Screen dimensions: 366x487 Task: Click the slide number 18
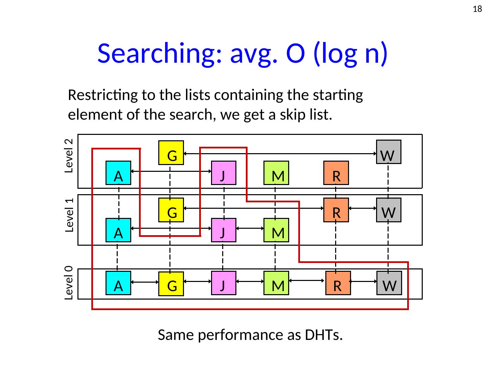(477, 9)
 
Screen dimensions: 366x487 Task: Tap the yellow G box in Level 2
(171, 153)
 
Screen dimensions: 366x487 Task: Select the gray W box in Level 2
(389, 152)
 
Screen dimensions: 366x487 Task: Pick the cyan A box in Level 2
(118, 173)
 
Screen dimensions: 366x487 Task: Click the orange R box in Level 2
(336, 173)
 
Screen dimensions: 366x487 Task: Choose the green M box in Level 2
(276, 173)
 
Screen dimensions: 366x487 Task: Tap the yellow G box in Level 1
(171, 210)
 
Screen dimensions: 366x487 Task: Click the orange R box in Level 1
(336, 210)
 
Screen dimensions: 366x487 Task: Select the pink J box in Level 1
(224, 230)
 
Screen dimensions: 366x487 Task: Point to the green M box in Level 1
(276, 230)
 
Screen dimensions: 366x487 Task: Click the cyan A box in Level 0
(118, 283)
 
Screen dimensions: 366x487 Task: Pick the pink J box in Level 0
(224, 283)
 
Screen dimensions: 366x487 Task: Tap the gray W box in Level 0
(389, 283)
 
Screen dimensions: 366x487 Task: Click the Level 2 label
(69, 156)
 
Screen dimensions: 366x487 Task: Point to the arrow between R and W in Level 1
(362, 208)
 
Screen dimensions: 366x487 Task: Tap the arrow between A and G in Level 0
(144, 282)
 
